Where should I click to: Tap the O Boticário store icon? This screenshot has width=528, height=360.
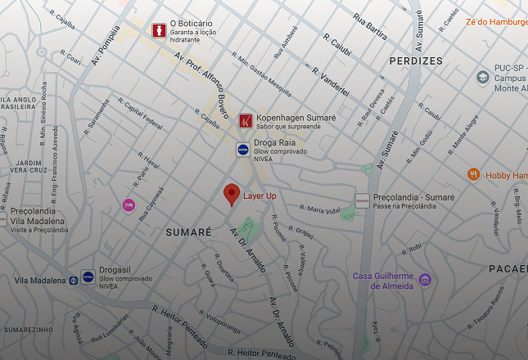[x=159, y=29]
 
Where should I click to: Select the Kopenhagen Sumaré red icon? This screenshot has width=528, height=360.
[x=245, y=121]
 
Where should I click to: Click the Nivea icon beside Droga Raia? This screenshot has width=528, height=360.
[x=243, y=149]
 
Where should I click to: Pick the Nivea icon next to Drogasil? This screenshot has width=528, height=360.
[x=88, y=277]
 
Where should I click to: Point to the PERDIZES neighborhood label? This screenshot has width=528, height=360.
[x=416, y=61]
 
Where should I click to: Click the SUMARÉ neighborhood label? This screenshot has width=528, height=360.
[x=188, y=233]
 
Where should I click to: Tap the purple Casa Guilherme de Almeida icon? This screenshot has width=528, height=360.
[x=424, y=280]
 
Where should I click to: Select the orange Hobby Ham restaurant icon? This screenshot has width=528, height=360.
[x=473, y=174]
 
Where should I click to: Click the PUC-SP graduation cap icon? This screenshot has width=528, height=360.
[x=483, y=77]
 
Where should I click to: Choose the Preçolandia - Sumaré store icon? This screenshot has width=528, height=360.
[x=362, y=200]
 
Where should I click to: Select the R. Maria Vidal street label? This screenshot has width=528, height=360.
[x=319, y=209]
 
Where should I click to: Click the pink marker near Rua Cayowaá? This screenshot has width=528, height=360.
[x=129, y=205]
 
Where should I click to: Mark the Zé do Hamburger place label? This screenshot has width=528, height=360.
[x=496, y=22]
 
